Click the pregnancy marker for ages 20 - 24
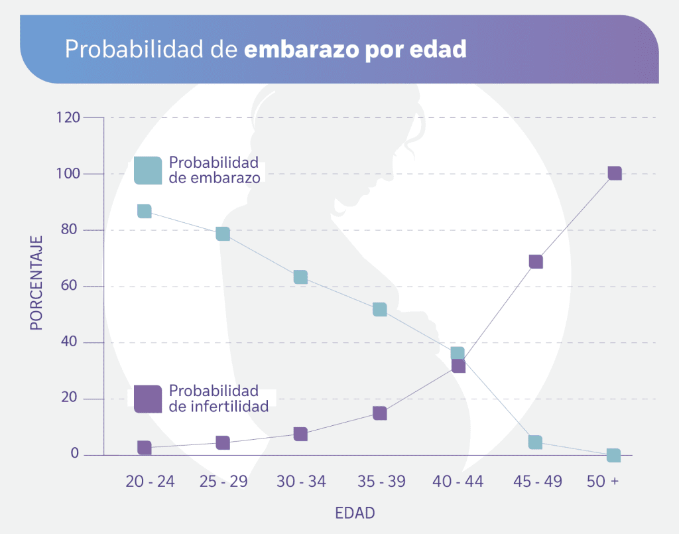pyautogui.click(x=144, y=211)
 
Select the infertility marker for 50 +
pyautogui.click(x=615, y=173)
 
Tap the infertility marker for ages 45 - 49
pyautogui.click(x=536, y=261)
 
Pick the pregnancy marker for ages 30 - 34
pyautogui.click(x=300, y=277)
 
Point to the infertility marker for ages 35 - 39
pyautogui.click(x=379, y=413)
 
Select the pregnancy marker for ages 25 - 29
pyautogui.click(x=223, y=234)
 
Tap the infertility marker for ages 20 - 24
pyautogui.click(x=144, y=448)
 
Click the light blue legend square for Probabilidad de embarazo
pyautogui.click(x=148, y=170)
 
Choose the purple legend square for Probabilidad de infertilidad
pyautogui.click(x=148, y=399)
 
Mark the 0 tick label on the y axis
pyautogui.click(x=75, y=454)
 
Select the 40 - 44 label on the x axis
pyautogui.click(x=458, y=482)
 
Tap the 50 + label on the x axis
pyautogui.click(x=602, y=482)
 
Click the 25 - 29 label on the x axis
pyautogui.click(x=223, y=482)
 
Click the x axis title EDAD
pyautogui.click(x=355, y=513)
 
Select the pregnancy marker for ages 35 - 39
pyautogui.click(x=379, y=309)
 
